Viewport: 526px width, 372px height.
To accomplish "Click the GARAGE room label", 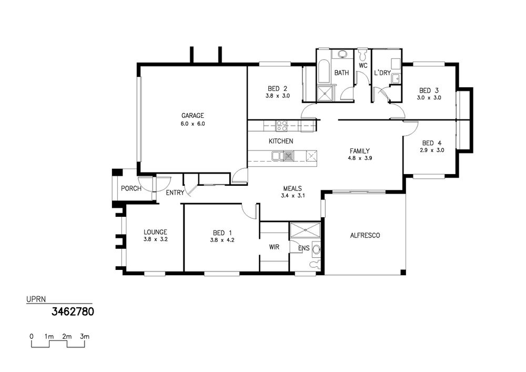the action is (193, 116).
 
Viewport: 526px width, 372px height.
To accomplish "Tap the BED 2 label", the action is (277, 89).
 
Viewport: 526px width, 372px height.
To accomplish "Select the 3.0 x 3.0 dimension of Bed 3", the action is (429, 98).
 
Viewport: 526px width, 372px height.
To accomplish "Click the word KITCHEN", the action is (281, 141).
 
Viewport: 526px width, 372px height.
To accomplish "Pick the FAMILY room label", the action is (360, 151).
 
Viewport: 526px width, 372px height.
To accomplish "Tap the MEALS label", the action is (292, 188).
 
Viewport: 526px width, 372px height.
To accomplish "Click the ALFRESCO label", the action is (365, 236).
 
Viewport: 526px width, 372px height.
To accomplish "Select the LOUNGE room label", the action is (155, 232).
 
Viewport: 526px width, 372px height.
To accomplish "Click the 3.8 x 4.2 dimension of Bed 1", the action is (222, 240).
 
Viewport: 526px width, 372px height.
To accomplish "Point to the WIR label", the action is (274, 247).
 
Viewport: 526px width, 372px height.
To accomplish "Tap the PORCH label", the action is (131, 188).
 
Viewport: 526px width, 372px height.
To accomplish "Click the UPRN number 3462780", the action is (73, 312).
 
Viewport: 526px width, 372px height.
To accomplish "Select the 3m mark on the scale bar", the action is (85, 336).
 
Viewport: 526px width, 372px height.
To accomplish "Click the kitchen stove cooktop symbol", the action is (281, 126).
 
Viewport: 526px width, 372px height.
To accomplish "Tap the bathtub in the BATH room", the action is (323, 72).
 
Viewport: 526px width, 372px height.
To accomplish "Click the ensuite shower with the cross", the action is (305, 230).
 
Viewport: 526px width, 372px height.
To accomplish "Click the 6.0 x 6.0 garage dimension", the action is (193, 124).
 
